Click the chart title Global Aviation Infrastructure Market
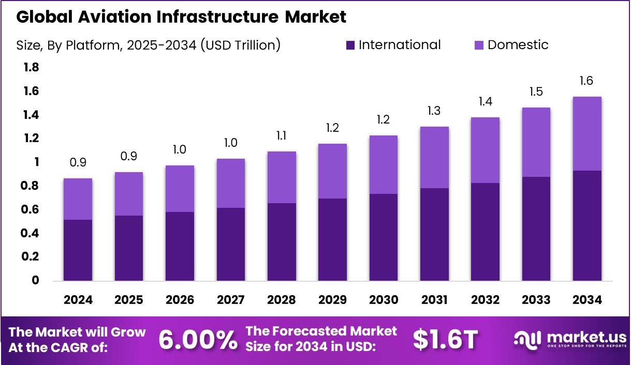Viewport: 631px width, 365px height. tap(181, 17)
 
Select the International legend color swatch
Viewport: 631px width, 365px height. tap(350, 45)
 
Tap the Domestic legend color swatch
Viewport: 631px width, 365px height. tap(479, 45)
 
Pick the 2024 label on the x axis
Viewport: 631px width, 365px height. tap(78, 300)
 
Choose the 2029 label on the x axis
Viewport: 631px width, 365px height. tap(332, 300)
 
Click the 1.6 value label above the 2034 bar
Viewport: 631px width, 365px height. tap(586, 81)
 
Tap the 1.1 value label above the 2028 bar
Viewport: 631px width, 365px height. tap(281, 136)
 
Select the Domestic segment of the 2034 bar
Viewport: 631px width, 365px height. tap(586, 133)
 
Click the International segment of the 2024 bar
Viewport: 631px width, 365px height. tap(78, 250)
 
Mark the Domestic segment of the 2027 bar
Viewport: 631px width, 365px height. tap(230, 183)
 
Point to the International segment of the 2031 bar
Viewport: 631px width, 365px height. tap(434, 234)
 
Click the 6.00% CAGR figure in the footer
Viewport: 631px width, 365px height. tap(197, 340)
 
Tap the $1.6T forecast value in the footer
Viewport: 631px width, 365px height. tap(445, 340)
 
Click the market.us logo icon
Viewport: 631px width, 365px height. tap(527, 339)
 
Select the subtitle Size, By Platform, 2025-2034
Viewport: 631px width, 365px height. tap(148, 45)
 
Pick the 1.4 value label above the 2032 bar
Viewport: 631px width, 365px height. tap(485, 102)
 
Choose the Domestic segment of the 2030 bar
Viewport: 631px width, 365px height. tap(383, 164)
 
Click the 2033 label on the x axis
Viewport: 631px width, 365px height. tap(536, 300)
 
